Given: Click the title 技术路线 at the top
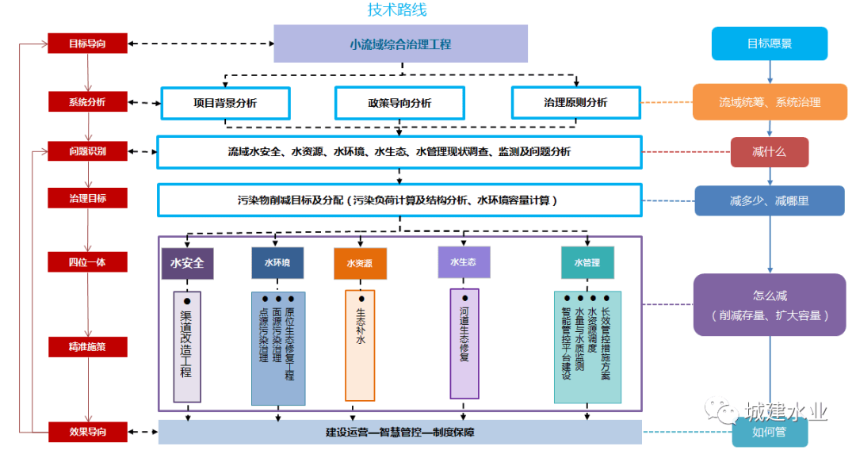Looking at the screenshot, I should click(x=397, y=10).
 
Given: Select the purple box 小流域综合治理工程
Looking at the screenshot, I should click(x=400, y=44).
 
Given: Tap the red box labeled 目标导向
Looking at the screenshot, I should click(x=87, y=43).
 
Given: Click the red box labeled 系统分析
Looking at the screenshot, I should click(x=87, y=102).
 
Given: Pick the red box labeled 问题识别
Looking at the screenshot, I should click(x=87, y=151).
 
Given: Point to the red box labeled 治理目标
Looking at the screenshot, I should click(x=87, y=198).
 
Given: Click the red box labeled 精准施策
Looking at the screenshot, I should click(x=87, y=346).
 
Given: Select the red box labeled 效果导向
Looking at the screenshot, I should click(x=87, y=432).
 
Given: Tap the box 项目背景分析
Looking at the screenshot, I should click(x=225, y=103).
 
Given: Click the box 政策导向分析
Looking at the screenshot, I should click(x=399, y=103).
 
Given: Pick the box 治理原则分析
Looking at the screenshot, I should click(x=575, y=103).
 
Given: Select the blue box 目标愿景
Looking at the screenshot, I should click(x=769, y=44).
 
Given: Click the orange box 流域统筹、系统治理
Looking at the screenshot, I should click(x=770, y=102).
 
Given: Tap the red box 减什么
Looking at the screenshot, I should click(x=769, y=151).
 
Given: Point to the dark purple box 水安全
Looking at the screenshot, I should click(x=187, y=262).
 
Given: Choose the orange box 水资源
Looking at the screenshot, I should click(x=359, y=263).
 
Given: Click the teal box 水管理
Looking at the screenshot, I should click(x=587, y=262).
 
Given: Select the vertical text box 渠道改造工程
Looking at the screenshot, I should click(x=187, y=346).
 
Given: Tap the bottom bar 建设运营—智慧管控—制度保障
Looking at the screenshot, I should click(x=399, y=432).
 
